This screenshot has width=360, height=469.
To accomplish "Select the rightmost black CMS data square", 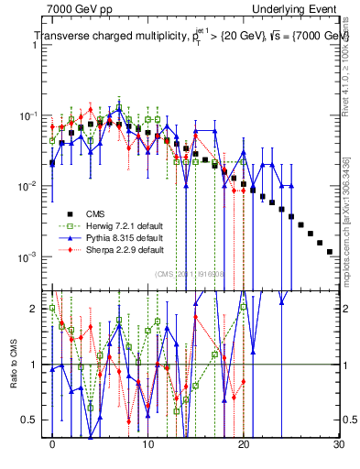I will coord(329,251).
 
